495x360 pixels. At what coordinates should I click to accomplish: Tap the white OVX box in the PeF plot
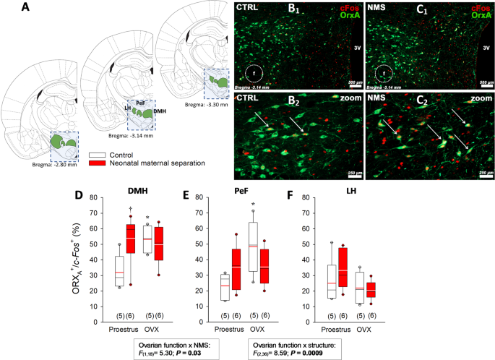pyautogui.click(x=253, y=245)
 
